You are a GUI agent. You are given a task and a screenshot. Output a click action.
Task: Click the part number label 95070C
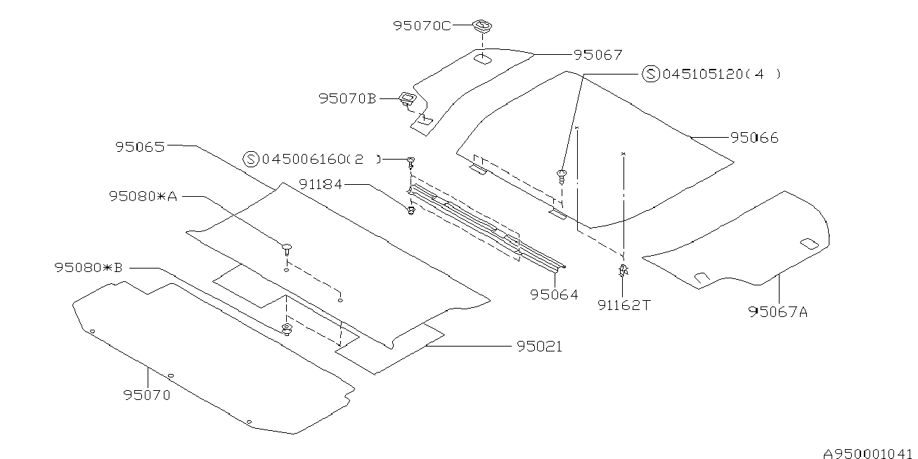(x=422, y=26)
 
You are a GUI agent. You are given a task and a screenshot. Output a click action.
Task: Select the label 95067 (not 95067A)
(x=598, y=55)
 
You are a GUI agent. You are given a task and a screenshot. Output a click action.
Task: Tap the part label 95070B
(x=347, y=99)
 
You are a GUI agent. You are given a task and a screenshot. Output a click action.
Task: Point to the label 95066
(x=754, y=138)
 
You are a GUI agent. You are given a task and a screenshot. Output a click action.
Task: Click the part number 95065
(x=140, y=147)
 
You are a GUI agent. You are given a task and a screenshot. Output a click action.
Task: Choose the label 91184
(x=320, y=184)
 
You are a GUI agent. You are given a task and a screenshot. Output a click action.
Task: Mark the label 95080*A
(x=143, y=196)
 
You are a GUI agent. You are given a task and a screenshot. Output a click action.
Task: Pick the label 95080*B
(x=89, y=268)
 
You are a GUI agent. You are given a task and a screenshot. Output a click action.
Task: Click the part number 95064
(x=554, y=295)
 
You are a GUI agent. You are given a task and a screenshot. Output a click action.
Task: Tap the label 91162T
(x=623, y=305)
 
